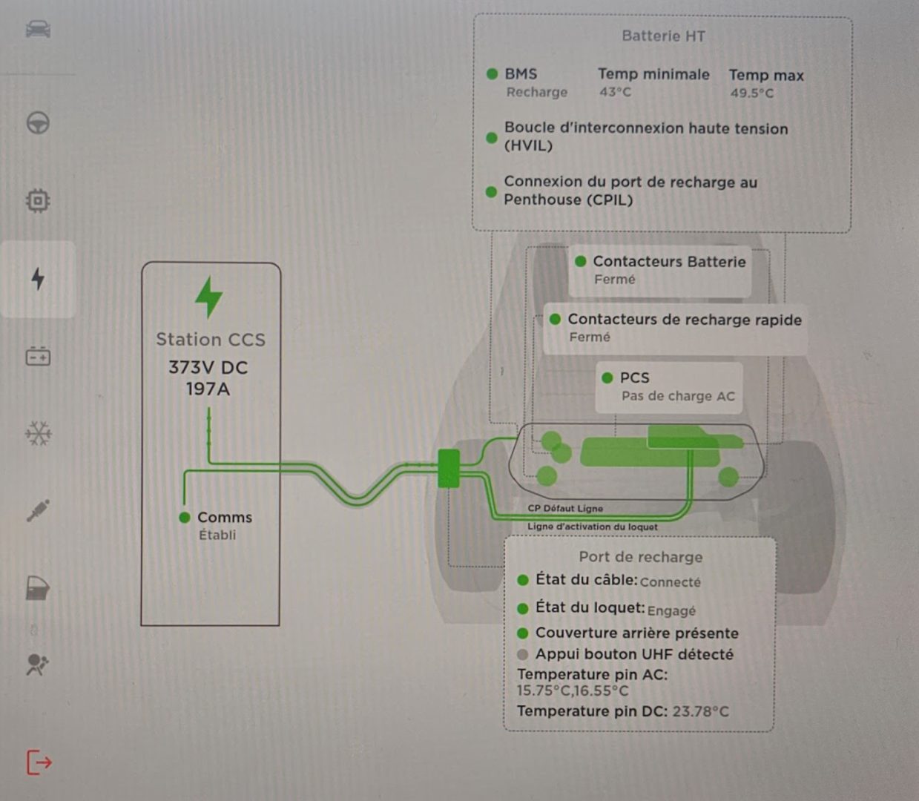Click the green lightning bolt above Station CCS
pyautogui.click(x=208, y=297)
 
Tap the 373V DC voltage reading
pyautogui.click(x=208, y=367)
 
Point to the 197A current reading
pyautogui.click(x=208, y=389)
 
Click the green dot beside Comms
pyautogui.click(x=185, y=518)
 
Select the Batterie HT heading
pyautogui.click(x=663, y=36)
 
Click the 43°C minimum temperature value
pyautogui.click(x=615, y=92)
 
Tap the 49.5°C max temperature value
pyautogui.click(x=751, y=93)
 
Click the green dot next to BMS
pyautogui.click(x=492, y=74)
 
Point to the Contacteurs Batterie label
pyautogui.click(x=669, y=262)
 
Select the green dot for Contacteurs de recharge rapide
pyautogui.click(x=555, y=320)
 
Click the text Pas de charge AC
pyautogui.click(x=678, y=396)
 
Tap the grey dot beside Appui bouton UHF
pyautogui.click(x=522, y=654)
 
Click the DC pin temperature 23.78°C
pyautogui.click(x=700, y=711)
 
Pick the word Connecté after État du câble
pyautogui.click(x=670, y=582)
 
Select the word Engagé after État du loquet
pyautogui.click(x=671, y=610)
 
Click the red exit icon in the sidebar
pyautogui.click(x=39, y=762)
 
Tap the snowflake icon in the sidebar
pyautogui.click(x=38, y=433)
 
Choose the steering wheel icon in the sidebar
pyautogui.click(x=38, y=122)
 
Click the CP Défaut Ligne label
pyautogui.click(x=565, y=508)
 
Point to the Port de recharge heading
pyautogui.click(x=640, y=557)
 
